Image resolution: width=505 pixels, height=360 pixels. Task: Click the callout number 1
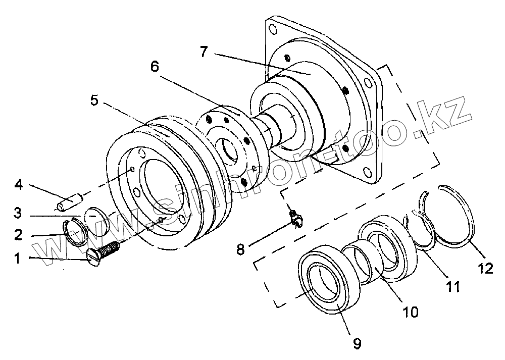point(18,259)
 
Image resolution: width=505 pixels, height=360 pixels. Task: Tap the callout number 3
point(18,213)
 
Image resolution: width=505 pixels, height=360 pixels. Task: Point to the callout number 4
point(18,185)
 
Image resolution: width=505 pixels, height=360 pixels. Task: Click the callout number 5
point(94,100)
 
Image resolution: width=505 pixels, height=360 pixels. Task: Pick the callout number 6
point(155,66)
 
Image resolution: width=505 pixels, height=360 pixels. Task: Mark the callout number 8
point(241,248)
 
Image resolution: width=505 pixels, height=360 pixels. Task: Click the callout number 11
point(452,287)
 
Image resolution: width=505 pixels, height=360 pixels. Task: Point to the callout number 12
point(486,269)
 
